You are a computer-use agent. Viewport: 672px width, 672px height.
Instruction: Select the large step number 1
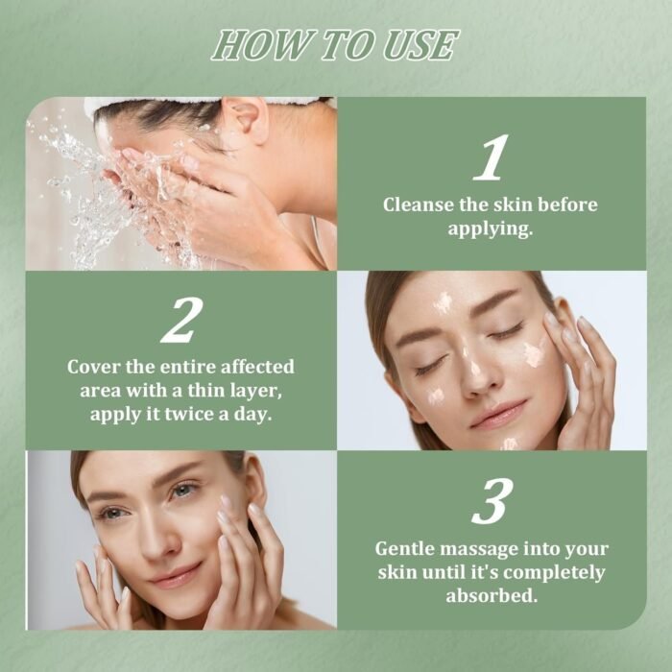492,157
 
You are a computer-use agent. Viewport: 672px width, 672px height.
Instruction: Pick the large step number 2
182,320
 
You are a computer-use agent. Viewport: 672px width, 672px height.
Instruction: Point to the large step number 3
492,501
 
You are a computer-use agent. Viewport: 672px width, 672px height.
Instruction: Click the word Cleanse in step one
419,204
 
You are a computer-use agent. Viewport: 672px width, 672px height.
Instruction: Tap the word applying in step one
491,229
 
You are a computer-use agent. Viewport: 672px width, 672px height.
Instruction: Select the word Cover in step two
93,367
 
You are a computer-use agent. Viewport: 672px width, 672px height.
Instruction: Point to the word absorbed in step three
492,595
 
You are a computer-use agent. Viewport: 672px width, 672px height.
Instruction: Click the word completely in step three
554,573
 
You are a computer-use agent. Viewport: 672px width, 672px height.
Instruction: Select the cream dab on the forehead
442,302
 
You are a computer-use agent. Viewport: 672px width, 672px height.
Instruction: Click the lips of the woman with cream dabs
498,414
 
